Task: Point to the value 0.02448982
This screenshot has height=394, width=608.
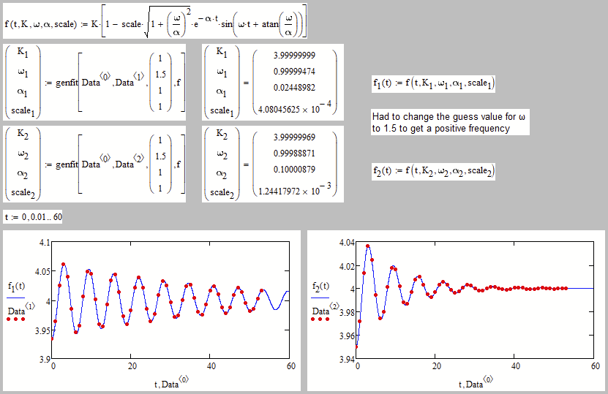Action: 295,91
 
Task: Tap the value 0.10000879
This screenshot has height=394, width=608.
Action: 295,171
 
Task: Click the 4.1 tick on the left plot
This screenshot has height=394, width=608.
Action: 44,242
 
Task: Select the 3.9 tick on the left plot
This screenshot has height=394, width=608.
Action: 44,360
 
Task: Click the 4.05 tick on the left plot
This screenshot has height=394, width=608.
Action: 42,271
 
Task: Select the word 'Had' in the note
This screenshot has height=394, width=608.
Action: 380,117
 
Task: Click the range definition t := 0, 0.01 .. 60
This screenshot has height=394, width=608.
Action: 32,217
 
